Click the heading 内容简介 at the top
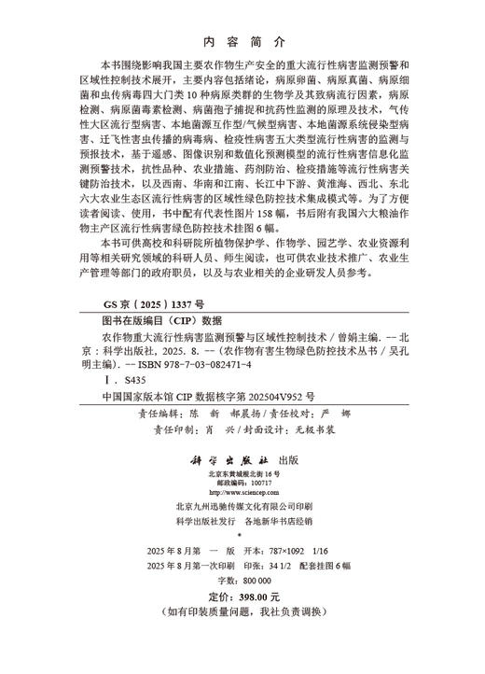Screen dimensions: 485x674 click(x=242, y=42)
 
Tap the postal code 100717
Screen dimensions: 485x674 click(x=253, y=484)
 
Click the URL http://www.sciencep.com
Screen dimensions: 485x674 click(x=242, y=495)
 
